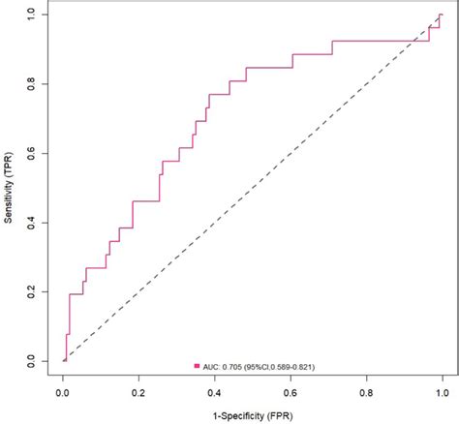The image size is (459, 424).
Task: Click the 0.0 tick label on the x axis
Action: coord(63,394)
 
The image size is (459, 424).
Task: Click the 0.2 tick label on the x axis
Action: coord(138,394)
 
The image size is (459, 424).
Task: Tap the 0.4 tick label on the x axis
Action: coord(214,394)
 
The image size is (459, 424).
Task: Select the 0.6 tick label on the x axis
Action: coord(291,394)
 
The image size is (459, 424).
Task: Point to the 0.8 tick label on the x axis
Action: coord(366,394)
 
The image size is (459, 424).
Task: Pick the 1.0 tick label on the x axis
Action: coord(442,394)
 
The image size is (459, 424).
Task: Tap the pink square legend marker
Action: coord(197,367)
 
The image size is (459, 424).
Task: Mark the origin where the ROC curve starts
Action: coord(63,360)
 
